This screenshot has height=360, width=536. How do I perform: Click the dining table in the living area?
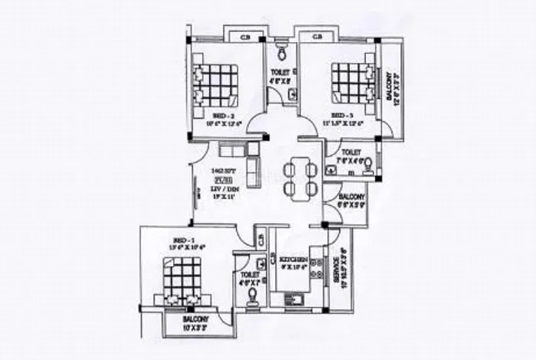coord(297,177)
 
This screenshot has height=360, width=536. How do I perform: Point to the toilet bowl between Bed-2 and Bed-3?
coord(281,51)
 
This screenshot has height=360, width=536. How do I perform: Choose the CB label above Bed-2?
coord(244,36)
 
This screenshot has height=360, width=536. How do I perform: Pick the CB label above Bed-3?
coord(317,36)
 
